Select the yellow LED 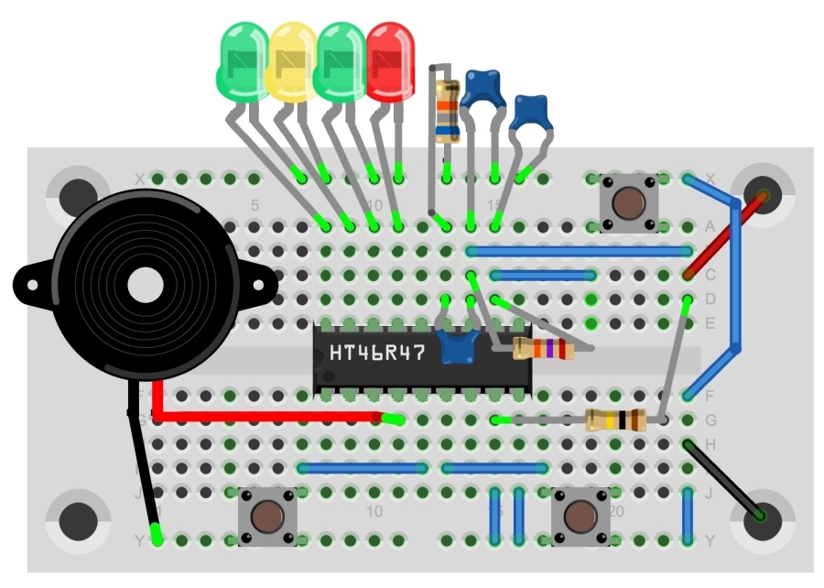pyautogui.click(x=291, y=61)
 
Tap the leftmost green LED pyautogui.click(x=242, y=61)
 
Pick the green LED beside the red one pyautogui.click(x=340, y=61)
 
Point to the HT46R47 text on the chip pyautogui.click(x=377, y=352)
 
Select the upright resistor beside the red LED pyautogui.click(x=447, y=112)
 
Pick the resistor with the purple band pyautogui.click(x=543, y=348)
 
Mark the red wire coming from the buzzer pyautogui.click(x=266, y=418)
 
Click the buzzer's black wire pyautogui.click(x=142, y=467)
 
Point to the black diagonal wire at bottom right pyautogui.click(x=723, y=481)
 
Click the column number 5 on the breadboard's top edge pyautogui.click(x=255, y=204)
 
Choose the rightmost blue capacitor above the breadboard pyautogui.click(x=529, y=112)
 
